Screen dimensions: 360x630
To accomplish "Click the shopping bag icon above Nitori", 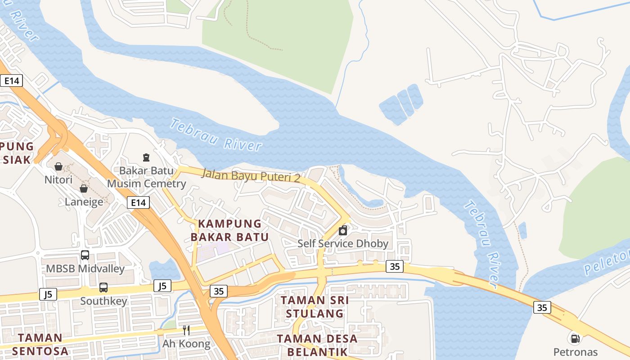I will click(x=58, y=166).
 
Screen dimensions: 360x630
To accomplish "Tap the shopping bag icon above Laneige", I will click(x=84, y=188).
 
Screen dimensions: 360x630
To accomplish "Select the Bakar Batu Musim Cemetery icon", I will click(x=146, y=157).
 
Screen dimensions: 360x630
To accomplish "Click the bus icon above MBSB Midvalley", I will click(x=85, y=255).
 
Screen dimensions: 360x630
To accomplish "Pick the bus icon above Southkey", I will click(x=103, y=287).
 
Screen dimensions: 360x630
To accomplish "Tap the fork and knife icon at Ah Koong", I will click(x=186, y=330).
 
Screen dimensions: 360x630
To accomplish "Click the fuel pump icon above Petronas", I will click(x=575, y=338).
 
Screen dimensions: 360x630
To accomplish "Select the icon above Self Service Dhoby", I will click(x=343, y=230).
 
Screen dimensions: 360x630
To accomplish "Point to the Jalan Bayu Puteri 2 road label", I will click(x=251, y=175).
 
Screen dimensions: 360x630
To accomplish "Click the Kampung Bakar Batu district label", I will click(x=229, y=230).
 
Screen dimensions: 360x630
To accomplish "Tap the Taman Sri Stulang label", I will click(x=315, y=306).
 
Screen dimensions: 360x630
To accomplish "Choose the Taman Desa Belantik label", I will click(x=317, y=345).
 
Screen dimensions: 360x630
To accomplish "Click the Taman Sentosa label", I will click(x=40, y=344).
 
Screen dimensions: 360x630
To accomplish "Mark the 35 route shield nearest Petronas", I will click(x=542, y=307).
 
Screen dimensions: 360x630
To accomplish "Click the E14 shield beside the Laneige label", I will click(x=138, y=203).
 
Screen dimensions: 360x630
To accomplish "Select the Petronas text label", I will click(x=575, y=352).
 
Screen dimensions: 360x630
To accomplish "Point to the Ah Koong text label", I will click(x=186, y=344).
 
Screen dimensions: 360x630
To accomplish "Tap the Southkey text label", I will click(x=103, y=301).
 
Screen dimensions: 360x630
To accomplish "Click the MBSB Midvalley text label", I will click(x=85, y=269).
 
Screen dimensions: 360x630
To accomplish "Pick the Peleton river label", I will click(x=607, y=263).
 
